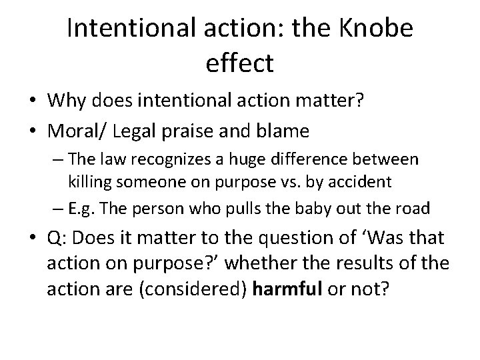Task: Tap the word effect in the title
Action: tap(241, 63)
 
